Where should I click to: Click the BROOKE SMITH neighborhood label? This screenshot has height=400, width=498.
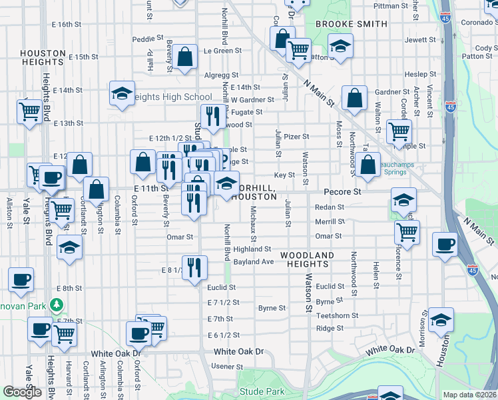pos(351,24)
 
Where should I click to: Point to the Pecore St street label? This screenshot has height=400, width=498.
pos(347,191)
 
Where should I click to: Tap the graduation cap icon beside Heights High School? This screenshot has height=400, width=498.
pos(123,95)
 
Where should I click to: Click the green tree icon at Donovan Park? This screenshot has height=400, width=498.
pos(57,306)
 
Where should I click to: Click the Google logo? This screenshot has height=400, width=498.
pos(22,392)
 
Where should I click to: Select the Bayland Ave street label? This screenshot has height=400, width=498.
pos(254,262)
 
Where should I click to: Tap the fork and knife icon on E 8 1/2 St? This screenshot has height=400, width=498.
pos(194,268)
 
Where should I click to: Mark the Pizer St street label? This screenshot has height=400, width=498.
pos(296,137)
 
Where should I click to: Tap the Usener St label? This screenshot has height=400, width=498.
pos(226,367)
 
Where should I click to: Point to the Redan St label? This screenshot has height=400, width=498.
pos(330,207)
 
